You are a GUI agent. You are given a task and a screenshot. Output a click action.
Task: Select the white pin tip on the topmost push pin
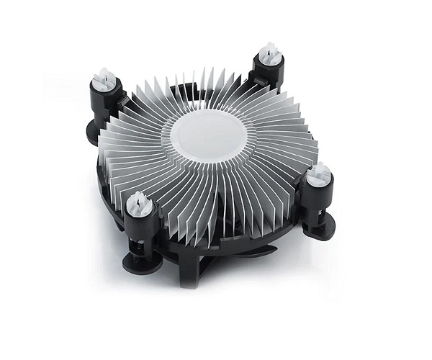[270, 52]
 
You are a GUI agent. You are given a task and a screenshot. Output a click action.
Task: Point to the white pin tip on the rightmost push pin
[318, 173]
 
